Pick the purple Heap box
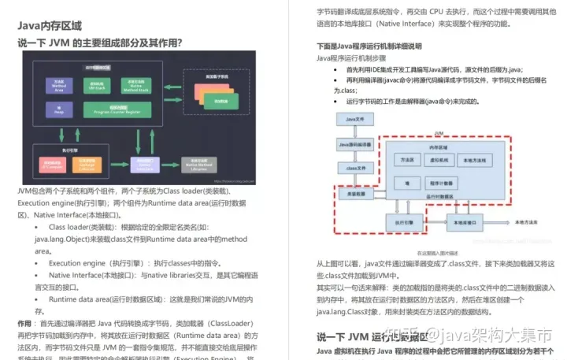pos(59,109)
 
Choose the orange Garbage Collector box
pos(87,164)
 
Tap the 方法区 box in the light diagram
pos(407,159)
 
